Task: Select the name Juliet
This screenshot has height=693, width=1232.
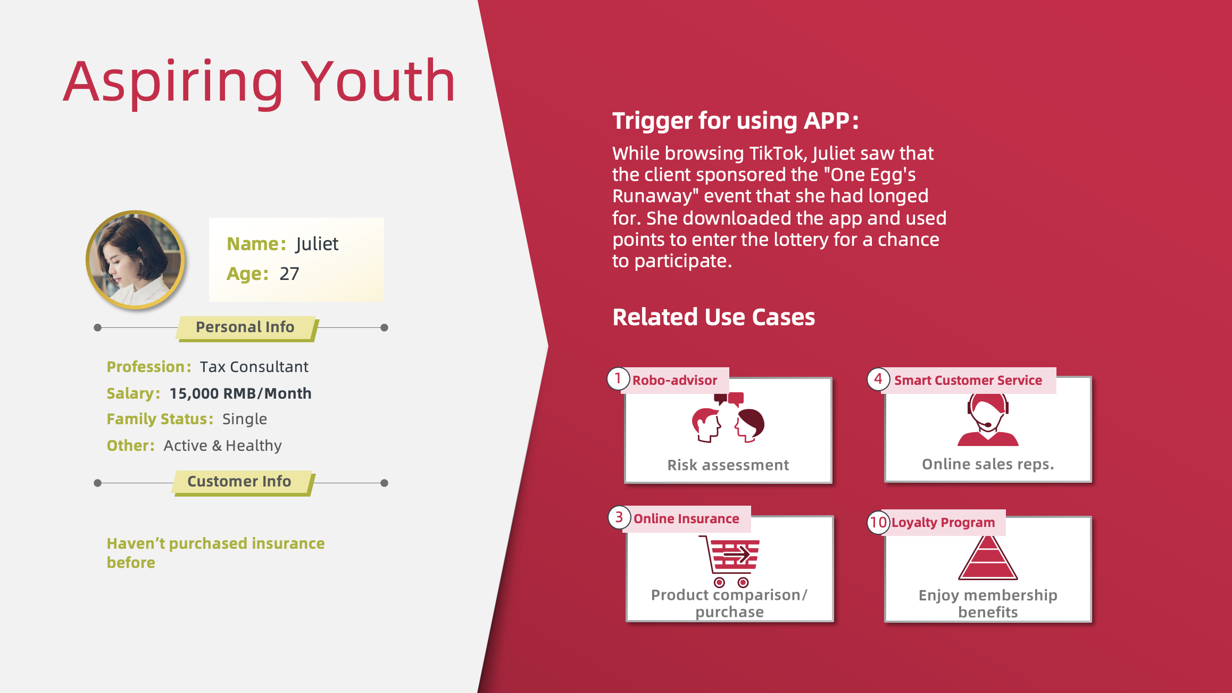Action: (x=317, y=244)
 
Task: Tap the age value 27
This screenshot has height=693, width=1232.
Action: (x=289, y=274)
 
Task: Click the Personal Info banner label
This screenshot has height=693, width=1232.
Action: (x=245, y=327)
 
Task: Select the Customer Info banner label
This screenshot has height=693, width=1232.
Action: (x=239, y=481)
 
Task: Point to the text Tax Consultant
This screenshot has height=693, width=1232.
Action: (x=254, y=367)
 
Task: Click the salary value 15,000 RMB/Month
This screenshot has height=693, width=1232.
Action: (x=240, y=393)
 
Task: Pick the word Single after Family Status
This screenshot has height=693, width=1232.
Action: (x=245, y=419)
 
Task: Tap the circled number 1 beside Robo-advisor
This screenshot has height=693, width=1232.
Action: (x=618, y=379)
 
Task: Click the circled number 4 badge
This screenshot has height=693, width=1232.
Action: (x=878, y=379)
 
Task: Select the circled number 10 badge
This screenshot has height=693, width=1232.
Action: (x=878, y=522)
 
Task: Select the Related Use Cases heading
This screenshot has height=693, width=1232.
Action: (x=713, y=317)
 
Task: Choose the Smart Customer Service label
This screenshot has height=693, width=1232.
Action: (x=968, y=380)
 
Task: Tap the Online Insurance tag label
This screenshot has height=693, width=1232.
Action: (x=686, y=518)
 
